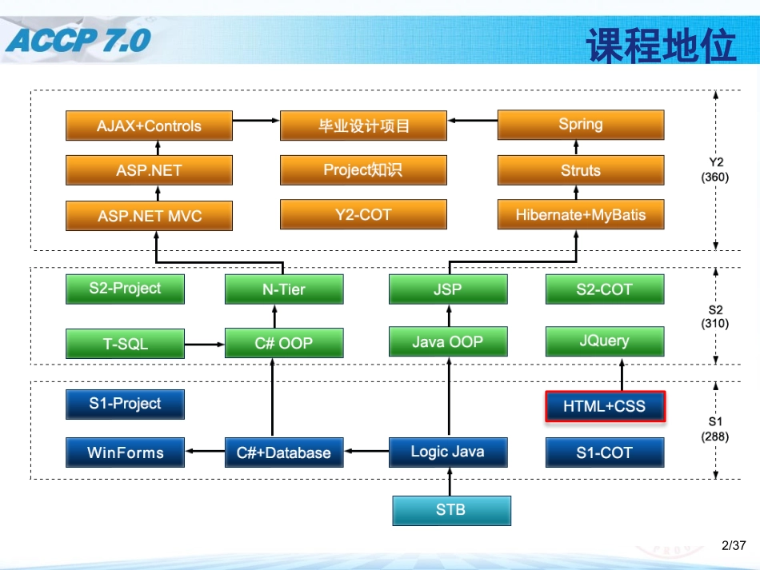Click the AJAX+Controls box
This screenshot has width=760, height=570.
click(x=149, y=126)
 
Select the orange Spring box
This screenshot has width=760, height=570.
click(x=580, y=125)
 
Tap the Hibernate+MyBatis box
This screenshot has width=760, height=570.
click(x=580, y=215)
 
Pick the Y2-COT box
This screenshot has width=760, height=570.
click(x=363, y=215)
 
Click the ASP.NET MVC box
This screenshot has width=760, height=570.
click(x=149, y=216)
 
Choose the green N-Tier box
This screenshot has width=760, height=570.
click(x=284, y=289)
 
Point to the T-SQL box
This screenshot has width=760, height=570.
click(x=125, y=345)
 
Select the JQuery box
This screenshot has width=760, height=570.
click(x=604, y=341)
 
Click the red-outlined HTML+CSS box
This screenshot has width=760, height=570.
click(x=604, y=407)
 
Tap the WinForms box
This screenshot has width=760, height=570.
click(x=125, y=452)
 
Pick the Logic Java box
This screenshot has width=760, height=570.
click(x=448, y=452)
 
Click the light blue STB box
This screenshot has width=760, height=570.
click(x=451, y=510)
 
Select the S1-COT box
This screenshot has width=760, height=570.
click(x=604, y=452)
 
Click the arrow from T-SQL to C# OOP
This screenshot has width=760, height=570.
click(x=205, y=345)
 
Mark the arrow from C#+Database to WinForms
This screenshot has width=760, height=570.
click(x=205, y=452)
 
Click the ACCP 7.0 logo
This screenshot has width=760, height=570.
click(x=78, y=39)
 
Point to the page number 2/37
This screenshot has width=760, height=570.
click(x=733, y=546)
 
